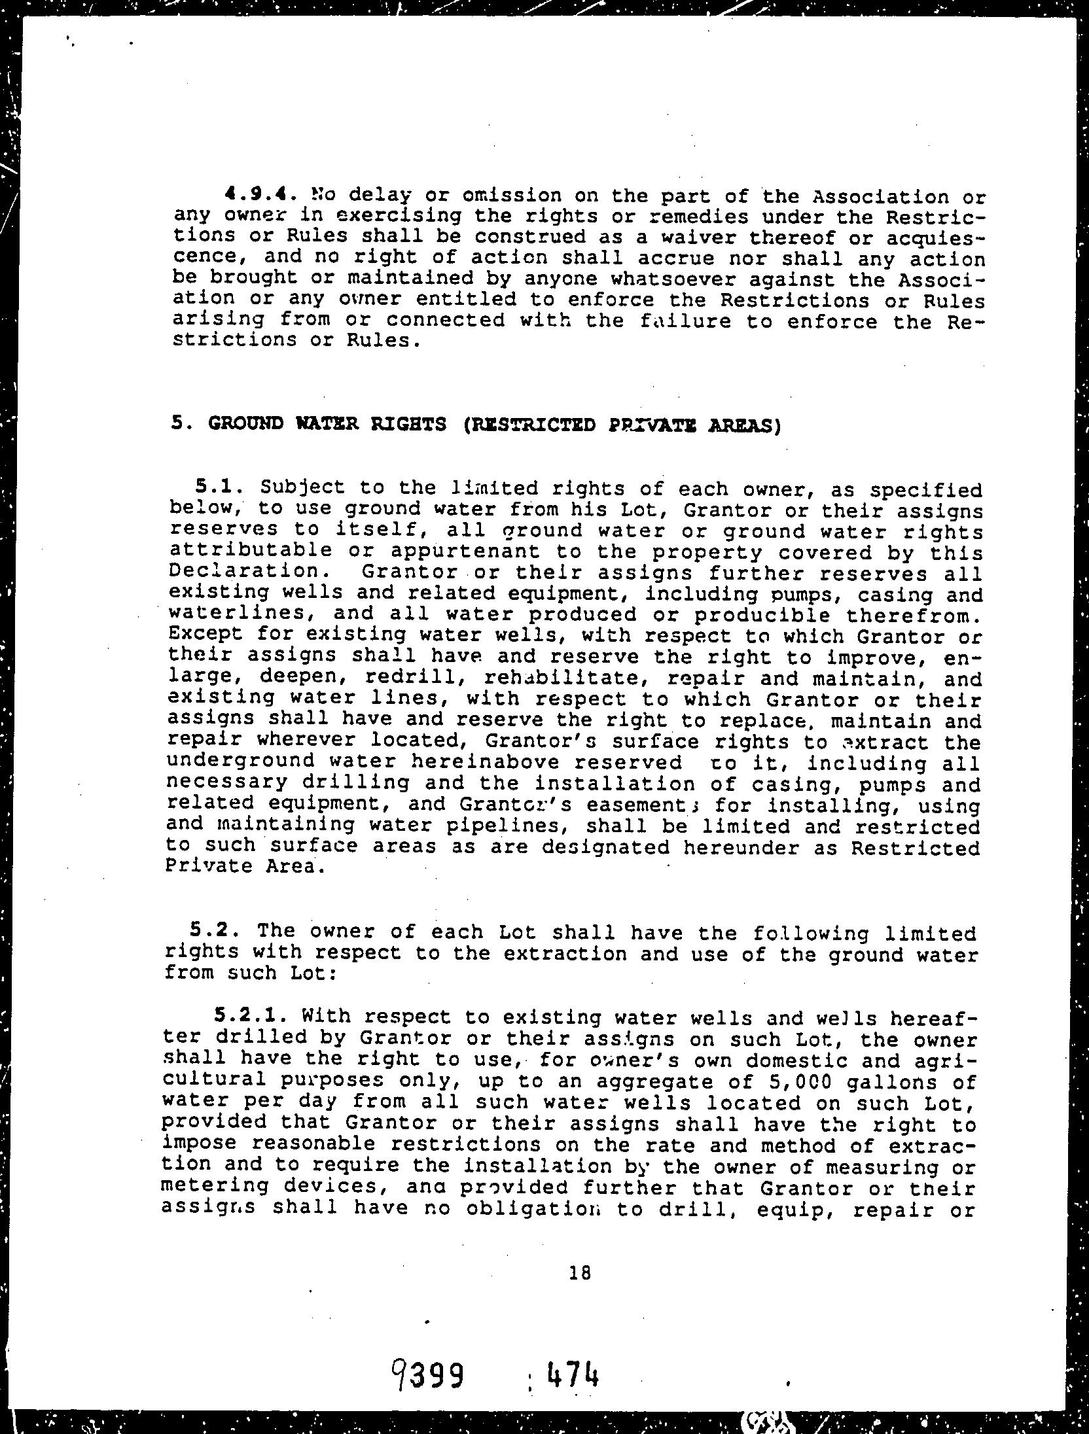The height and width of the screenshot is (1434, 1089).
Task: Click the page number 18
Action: [x=580, y=1273]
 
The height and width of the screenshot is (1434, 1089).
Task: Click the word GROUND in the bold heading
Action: [x=247, y=424]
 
